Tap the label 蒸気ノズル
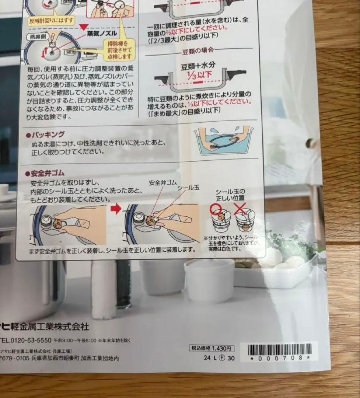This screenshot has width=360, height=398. click(x=102, y=33)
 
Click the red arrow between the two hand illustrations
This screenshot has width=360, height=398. click(x=116, y=209)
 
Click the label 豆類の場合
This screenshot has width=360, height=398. click(x=198, y=51)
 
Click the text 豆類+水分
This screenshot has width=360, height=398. click(x=198, y=66)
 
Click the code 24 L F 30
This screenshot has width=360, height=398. click(x=219, y=358)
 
